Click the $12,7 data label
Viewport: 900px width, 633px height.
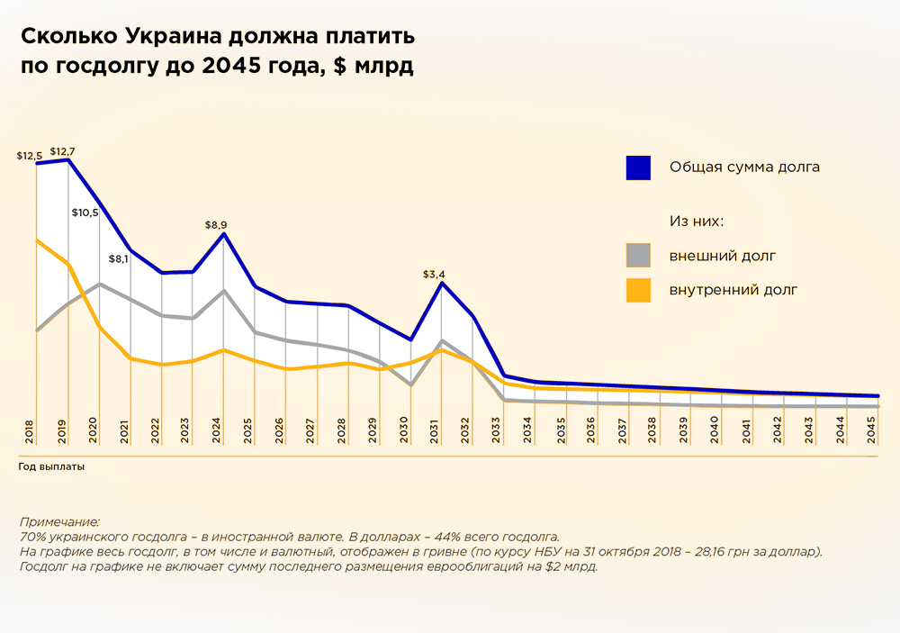(62, 151)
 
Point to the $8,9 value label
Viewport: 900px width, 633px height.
(216, 225)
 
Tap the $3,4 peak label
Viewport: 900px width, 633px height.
(434, 274)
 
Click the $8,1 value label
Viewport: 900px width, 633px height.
(119, 259)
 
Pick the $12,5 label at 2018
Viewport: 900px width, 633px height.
(30, 156)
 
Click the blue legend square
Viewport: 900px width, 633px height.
(638, 167)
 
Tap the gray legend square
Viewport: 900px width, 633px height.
(638, 256)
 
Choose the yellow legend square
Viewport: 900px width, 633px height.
(638, 290)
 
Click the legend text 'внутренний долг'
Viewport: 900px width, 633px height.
(733, 290)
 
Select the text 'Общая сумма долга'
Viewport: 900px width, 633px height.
(744, 167)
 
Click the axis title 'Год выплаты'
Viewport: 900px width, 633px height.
(55, 467)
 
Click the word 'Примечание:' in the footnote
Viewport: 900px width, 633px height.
(58, 522)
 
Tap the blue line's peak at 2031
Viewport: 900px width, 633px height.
(442, 284)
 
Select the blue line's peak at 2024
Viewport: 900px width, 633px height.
(223, 234)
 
